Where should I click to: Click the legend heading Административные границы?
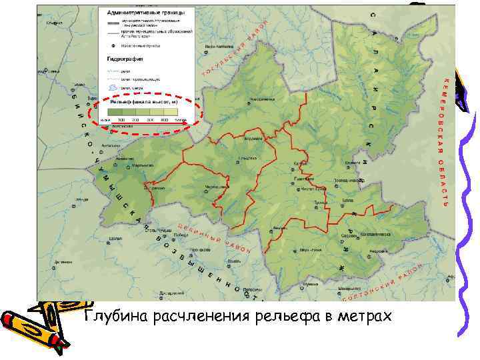146,12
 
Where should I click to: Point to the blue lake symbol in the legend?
113,87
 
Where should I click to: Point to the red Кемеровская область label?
443,140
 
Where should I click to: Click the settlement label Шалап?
115,238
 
